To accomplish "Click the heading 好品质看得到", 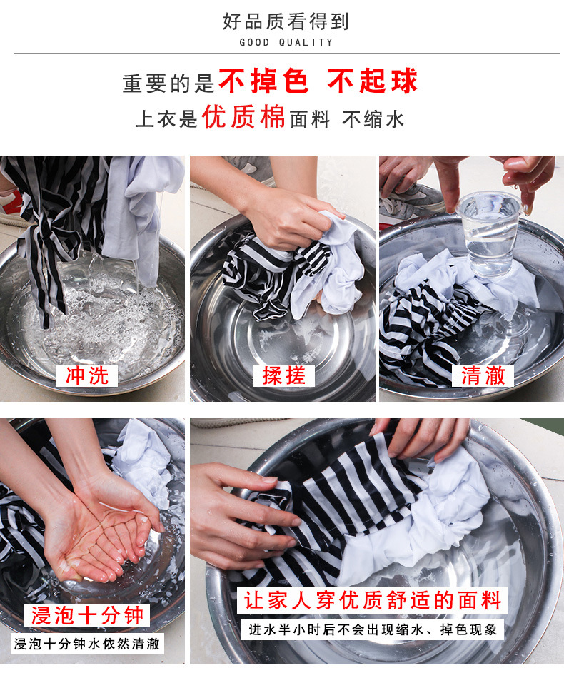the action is pos(286,21).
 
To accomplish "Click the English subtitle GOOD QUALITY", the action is pos(286,42).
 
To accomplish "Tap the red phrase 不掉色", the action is pos(263,81).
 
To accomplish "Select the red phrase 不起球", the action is pos(373,81).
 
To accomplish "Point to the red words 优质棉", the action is pos(243,117).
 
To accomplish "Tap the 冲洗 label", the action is pos(87,375).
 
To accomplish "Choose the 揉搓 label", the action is pos(283,375).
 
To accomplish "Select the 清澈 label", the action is pos(483,375).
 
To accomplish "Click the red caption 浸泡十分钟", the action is pos(87,615).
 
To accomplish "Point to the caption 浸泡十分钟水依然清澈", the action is pos(87,644).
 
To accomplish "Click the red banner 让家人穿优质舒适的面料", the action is pos(373,600).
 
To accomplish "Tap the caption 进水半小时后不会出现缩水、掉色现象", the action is pos(373,629).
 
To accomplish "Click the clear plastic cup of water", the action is pos(489,234).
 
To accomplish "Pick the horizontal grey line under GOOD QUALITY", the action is pos(287,54).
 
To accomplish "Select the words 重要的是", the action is pos(168,83).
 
